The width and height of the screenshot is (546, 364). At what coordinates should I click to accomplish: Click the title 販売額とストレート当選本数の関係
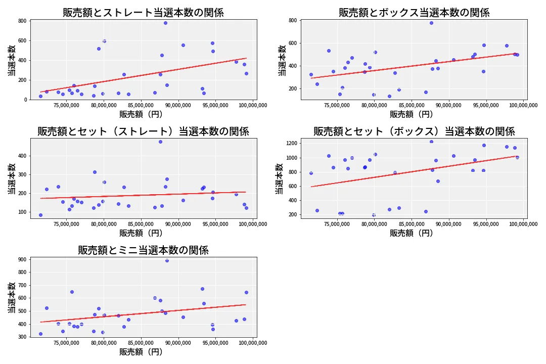143,13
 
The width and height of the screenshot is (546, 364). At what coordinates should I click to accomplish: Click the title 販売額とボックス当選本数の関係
414,13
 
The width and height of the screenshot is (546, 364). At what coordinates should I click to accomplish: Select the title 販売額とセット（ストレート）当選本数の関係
143,131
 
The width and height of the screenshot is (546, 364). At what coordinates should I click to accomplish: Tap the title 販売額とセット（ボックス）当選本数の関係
414,131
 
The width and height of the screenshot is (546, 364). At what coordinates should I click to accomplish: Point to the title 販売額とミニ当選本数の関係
143,250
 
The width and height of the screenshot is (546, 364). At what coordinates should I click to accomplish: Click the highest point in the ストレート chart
165,23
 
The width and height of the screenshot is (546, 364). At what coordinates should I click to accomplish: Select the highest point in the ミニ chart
167,260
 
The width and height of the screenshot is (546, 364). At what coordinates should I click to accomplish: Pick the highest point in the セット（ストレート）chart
160,142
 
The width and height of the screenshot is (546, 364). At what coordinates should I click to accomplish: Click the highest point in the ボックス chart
431,23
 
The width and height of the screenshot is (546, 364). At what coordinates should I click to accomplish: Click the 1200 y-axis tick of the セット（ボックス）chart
291,144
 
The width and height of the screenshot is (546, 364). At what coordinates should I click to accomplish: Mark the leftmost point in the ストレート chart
40,96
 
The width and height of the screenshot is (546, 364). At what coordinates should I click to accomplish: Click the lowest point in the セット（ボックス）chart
374,215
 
